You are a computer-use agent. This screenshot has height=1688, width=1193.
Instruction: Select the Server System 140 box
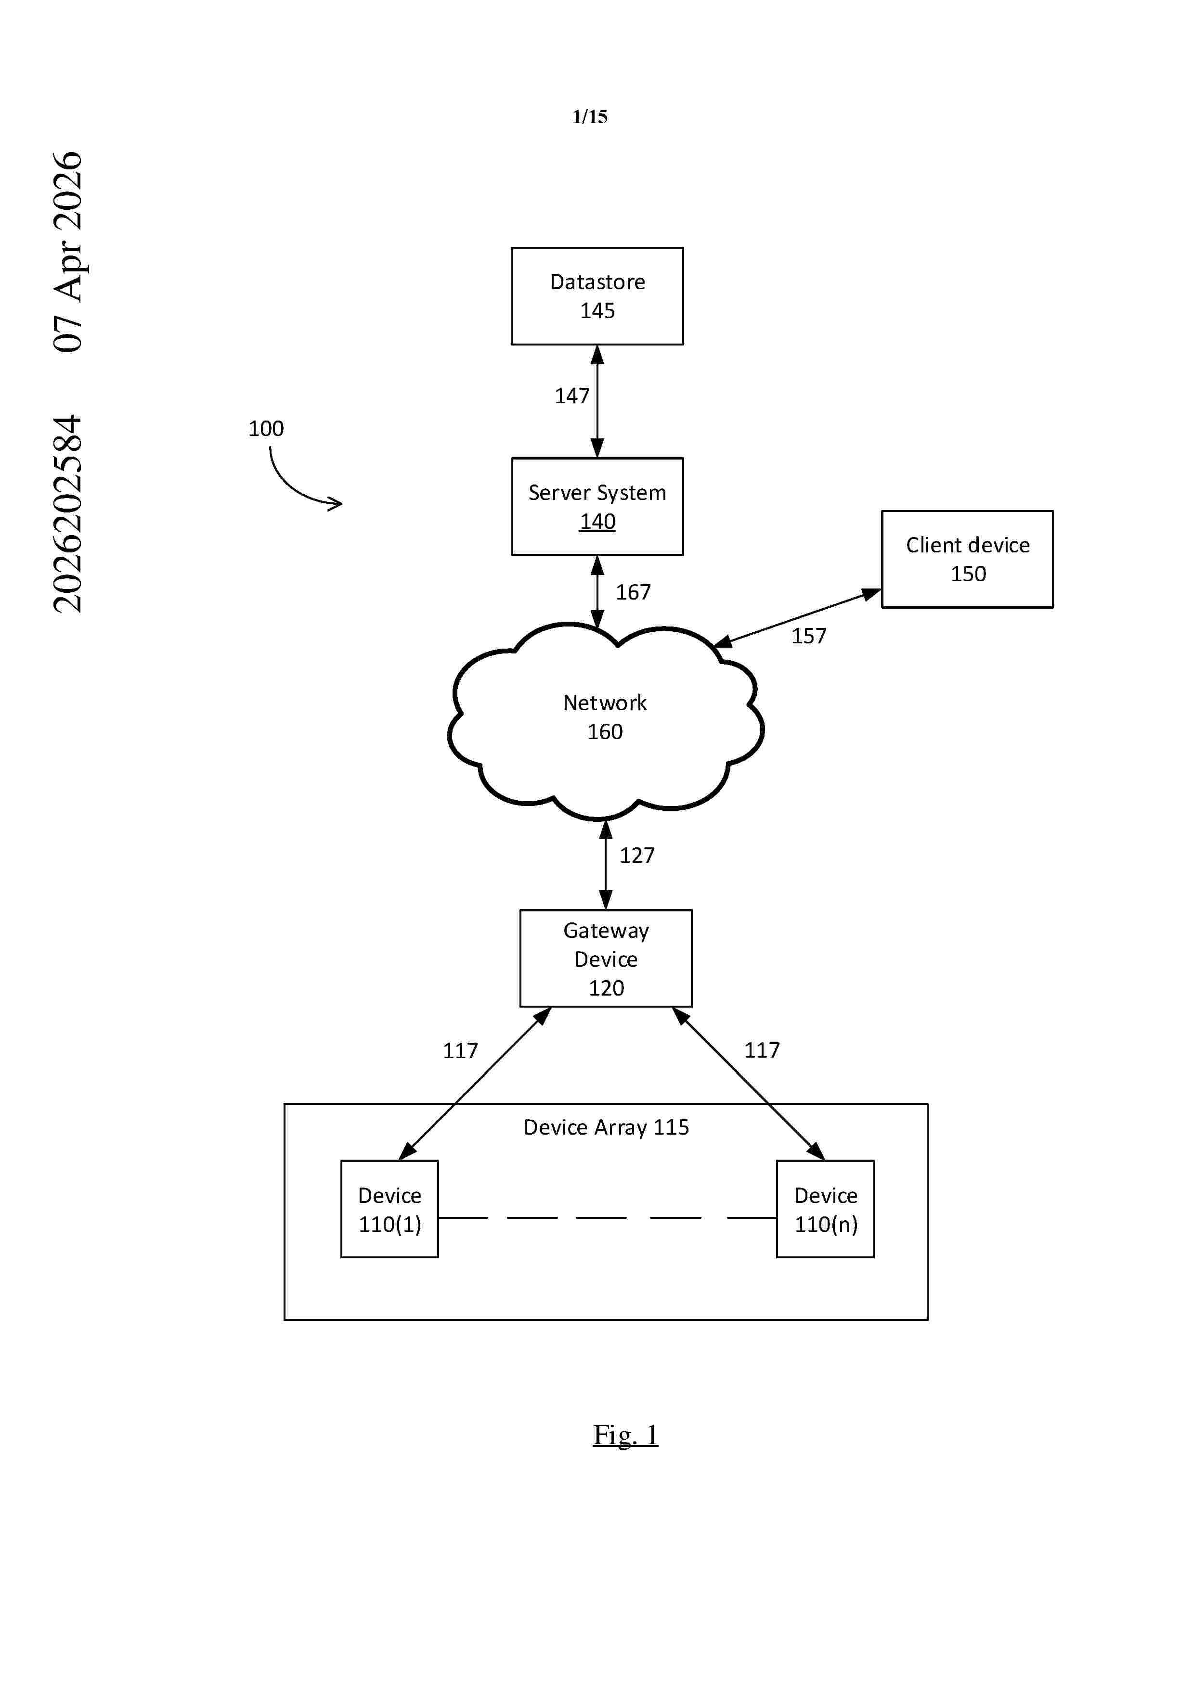pyautogui.click(x=597, y=507)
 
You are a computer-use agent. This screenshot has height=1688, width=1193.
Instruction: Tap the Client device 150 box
pyautogui.click(x=967, y=560)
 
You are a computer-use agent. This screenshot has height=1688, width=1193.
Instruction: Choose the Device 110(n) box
pyautogui.click(x=825, y=1209)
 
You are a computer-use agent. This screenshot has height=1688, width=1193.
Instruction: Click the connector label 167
pyautogui.click(x=633, y=592)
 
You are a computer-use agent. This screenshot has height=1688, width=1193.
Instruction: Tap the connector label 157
pyautogui.click(x=808, y=636)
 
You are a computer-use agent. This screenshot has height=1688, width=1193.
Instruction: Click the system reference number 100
pyautogui.click(x=266, y=429)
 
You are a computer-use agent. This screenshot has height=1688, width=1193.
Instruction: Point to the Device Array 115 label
pyautogui.click(x=606, y=1128)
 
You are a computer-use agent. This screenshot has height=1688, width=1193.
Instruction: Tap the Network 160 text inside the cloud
pyautogui.click(x=605, y=717)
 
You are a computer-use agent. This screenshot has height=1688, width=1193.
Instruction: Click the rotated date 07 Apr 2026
pyautogui.click(x=68, y=252)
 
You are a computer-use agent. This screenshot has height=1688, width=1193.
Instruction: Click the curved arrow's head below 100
pyautogui.click(x=337, y=504)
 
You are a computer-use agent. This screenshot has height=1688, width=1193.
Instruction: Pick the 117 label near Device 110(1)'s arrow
pyautogui.click(x=460, y=1050)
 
